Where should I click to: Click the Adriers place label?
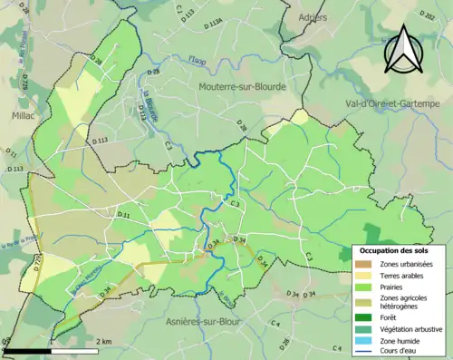click(x=312, y=17)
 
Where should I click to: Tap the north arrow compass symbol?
click(x=402, y=49)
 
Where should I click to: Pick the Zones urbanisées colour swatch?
click(x=362, y=263)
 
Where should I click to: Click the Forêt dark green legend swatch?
click(x=362, y=318)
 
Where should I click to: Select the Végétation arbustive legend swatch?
click(x=362, y=329)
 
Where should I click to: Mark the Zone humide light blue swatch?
click(x=362, y=341)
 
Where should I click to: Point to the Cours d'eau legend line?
click(x=362, y=353)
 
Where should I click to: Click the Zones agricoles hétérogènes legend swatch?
click(x=362, y=302)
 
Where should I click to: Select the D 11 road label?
click(x=124, y=214)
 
